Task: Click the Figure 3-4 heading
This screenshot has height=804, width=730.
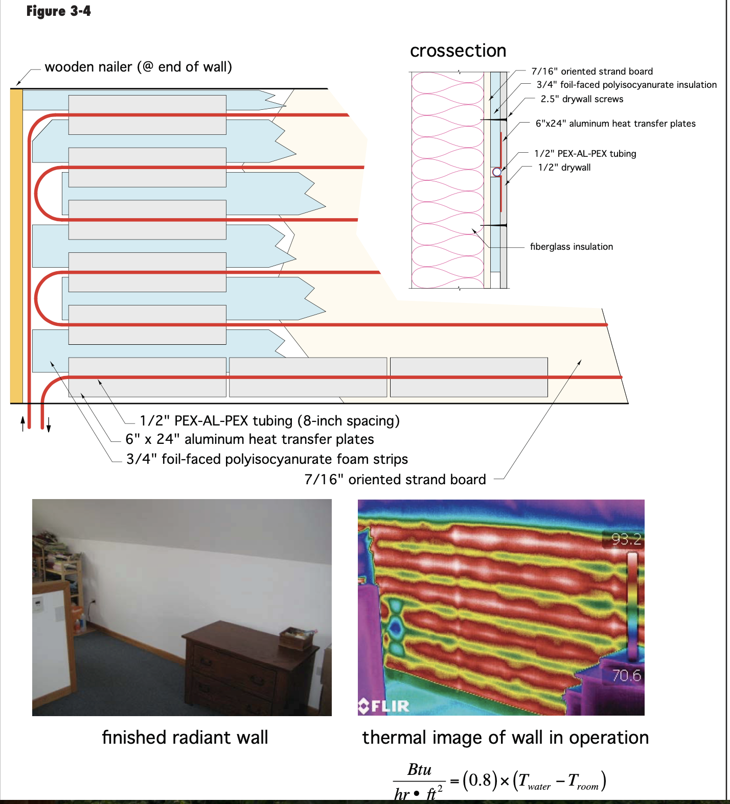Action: pos(58,11)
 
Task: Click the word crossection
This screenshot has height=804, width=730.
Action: pos(458,51)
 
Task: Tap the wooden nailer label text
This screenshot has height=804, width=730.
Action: pos(138,67)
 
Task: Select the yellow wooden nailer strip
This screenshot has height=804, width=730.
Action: pos(16,245)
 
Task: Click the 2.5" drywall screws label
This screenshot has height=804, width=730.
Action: pos(582,99)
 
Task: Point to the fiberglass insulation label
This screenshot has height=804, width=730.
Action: pos(571,247)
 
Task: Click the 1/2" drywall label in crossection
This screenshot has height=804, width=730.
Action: pos(564,168)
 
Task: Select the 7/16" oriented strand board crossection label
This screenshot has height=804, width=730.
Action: pos(592,72)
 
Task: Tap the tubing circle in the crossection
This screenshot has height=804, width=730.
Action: pos(496,172)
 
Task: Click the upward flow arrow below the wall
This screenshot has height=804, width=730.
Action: pos(22,423)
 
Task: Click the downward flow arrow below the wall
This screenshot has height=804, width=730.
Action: pos(49,424)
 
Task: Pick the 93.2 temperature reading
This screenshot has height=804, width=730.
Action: pos(626,539)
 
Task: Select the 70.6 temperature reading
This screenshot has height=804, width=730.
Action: pos(626,675)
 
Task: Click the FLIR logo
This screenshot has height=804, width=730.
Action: pos(384,706)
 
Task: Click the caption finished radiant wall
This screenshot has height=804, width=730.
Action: pos(185,738)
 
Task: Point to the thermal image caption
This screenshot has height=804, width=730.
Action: pos(505,738)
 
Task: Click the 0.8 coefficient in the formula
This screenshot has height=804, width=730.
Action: pos(480,780)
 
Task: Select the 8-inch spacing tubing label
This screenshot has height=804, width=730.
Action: pos(269,421)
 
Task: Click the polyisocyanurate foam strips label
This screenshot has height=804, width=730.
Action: pos(267,459)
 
